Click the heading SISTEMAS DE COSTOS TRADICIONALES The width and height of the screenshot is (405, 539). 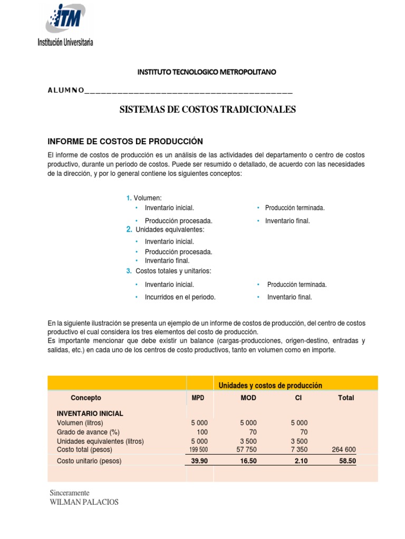click(x=208, y=109)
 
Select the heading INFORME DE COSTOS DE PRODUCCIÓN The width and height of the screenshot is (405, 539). click(x=125, y=141)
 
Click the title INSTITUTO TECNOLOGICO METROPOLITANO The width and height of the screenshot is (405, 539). click(x=207, y=72)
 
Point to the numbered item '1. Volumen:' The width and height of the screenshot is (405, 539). click(x=144, y=198)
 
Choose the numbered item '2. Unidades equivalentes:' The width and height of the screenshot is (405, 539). click(x=165, y=230)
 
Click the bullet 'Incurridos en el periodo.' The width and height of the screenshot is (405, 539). click(x=180, y=297)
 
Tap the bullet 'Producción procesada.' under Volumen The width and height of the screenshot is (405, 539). click(x=178, y=221)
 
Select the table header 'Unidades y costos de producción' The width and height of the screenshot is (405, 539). click(x=270, y=385)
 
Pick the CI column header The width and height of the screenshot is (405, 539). click(x=298, y=398)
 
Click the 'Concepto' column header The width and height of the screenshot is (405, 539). click(x=86, y=398)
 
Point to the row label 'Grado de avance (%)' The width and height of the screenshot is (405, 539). click(x=89, y=432)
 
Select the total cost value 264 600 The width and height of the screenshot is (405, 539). click(x=344, y=450)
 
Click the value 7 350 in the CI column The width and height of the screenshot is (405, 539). click(x=298, y=450)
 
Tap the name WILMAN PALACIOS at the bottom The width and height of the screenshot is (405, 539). click(x=84, y=502)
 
